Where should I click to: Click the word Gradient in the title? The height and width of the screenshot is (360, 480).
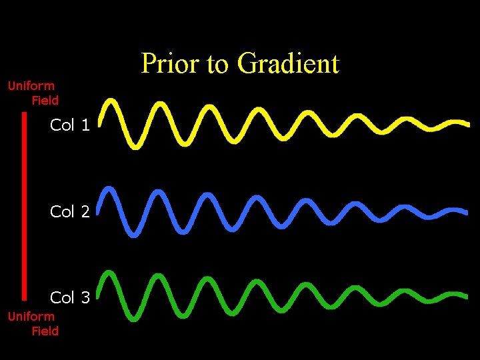click(x=289, y=64)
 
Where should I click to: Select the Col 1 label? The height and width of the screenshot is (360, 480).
click(x=69, y=125)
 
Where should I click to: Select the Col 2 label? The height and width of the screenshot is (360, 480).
click(x=69, y=212)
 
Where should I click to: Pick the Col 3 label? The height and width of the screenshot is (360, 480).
click(x=69, y=297)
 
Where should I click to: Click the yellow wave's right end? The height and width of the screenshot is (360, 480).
click(x=466, y=124)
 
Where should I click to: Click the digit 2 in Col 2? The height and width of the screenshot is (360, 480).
click(x=85, y=212)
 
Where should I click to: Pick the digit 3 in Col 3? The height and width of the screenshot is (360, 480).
click(x=85, y=297)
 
